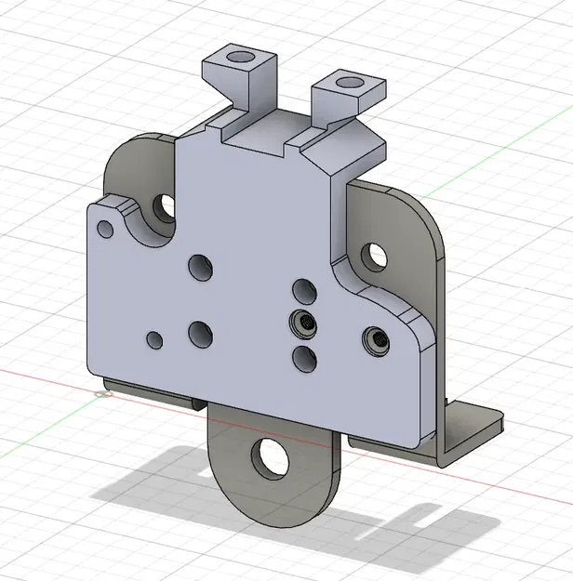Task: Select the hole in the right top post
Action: click(351, 83)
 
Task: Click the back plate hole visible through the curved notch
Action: click(167, 205)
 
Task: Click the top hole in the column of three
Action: click(303, 291)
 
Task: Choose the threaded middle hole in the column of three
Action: click(302, 324)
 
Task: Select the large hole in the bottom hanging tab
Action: click(271, 456)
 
